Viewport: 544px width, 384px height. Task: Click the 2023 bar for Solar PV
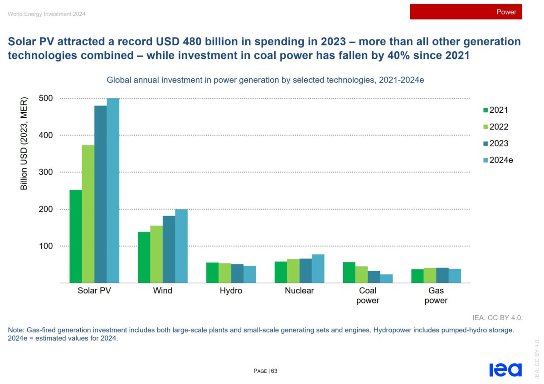[x=101, y=194]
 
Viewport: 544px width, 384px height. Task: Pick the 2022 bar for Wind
[x=156, y=254]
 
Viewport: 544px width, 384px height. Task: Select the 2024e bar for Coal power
[x=387, y=278]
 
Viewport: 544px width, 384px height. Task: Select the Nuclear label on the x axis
[x=299, y=291]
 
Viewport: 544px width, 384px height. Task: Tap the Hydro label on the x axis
[x=231, y=291]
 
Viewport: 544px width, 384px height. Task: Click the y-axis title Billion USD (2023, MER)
[x=24, y=143]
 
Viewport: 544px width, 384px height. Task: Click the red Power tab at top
[x=466, y=12]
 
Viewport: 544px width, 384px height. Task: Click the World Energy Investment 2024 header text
[x=46, y=14]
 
